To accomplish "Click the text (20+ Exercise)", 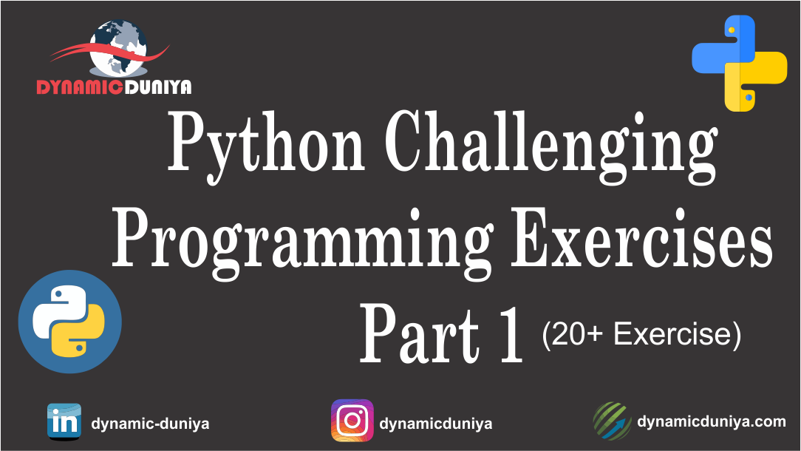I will tap(641, 335).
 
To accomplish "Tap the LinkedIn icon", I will tap(64, 421).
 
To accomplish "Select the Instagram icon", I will tap(352, 421).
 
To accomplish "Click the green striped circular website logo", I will tap(612, 421).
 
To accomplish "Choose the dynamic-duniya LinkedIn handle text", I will tap(150, 424).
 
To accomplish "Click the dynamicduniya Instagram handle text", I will tap(435, 424).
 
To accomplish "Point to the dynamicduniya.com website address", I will tap(711, 422).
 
